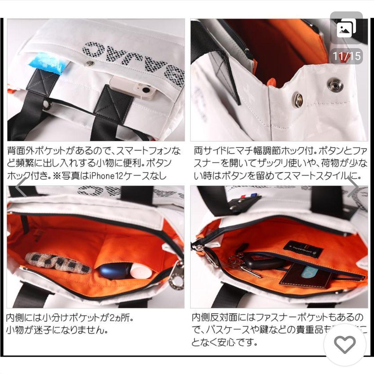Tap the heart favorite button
pos(345,345)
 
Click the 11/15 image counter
pos(347,56)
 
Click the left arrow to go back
pos(22,187)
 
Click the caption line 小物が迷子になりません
pos(57,330)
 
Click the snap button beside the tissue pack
pos(90,63)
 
